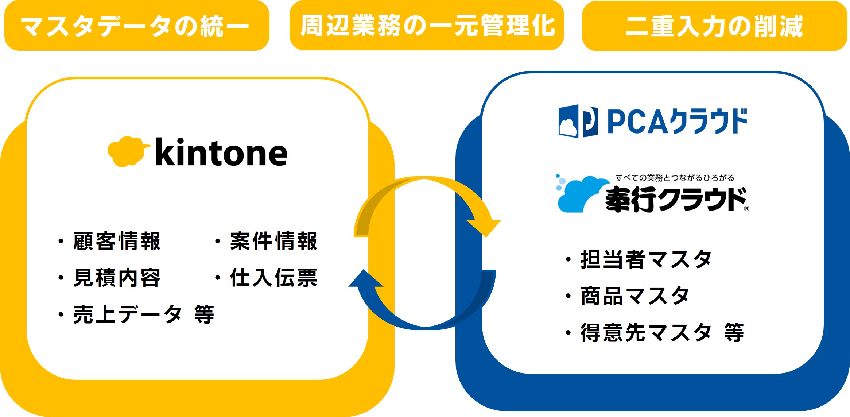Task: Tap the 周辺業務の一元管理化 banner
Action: [x=427, y=26]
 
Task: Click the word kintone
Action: [x=221, y=153]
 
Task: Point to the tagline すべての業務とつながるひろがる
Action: [x=675, y=178]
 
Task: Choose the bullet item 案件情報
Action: [x=273, y=242]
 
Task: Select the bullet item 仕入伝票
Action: [x=273, y=278]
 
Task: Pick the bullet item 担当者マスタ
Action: [x=646, y=260]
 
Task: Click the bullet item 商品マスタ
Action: [x=635, y=296]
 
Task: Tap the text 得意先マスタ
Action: [x=646, y=333]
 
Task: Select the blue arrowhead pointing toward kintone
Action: [x=365, y=279]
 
